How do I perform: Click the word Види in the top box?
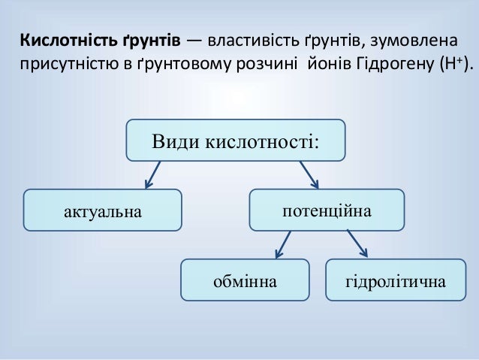[x=172, y=140]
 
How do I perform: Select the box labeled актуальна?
[x=103, y=210]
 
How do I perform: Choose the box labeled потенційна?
[x=326, y=208]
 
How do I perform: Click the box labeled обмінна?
[x=245, y=280]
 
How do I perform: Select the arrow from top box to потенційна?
[x=309, y=174]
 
